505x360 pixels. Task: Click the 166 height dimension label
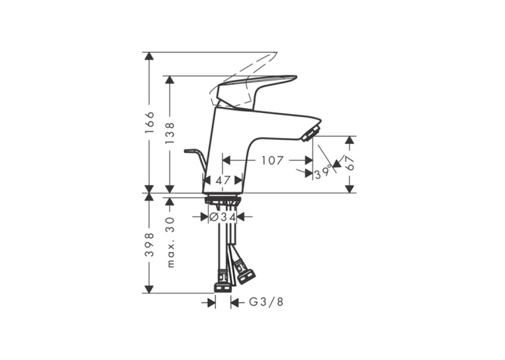pyautogui.click(x=149, y=124)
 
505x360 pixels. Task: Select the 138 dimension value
pyautogui.click(x=170, y=133)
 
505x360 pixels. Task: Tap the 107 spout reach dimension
pyautogui.click(x=272, y=160)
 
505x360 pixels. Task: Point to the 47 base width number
pyautogui.click(x=223, y=180)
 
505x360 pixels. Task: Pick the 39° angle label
pyautogui.click(x=323, y=173)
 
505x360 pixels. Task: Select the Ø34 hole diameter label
pyautogui.click(x=223, y=217)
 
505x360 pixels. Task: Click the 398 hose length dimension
pyautogui.click(x=149, y=244)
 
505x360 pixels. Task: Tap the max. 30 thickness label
pyautogui.click(x=170, y=242)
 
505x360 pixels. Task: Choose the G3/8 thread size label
pyautogui.click(x=266, y=302)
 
